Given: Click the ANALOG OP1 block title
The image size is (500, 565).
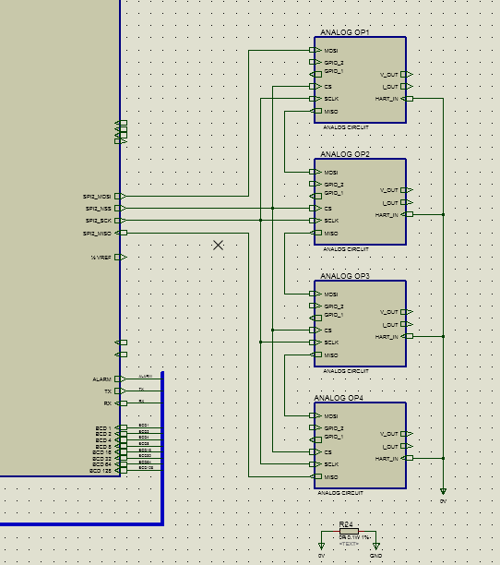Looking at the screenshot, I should coord(345,32).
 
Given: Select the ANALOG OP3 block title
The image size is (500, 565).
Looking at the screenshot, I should coord(345,276).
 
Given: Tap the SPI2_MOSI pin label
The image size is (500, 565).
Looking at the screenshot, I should coord(98,197).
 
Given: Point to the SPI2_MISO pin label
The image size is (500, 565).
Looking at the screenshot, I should coord(98,234).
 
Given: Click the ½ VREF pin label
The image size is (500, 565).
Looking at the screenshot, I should coord(100,258).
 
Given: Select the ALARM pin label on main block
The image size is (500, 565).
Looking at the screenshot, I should coord(101,379).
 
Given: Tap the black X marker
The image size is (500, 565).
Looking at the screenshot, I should coord(219,246).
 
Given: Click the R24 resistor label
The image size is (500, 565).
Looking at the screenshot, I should coord(346,524).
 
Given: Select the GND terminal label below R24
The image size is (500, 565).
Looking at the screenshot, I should coord(375,557).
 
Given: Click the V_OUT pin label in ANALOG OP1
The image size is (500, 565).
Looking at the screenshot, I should coord(389,74).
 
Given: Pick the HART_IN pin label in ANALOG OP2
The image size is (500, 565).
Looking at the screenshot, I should coord(387,215).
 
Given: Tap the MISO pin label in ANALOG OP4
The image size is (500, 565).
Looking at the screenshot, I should coord(330,476).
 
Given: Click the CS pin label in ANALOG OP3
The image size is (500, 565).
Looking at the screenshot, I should coord(327,331).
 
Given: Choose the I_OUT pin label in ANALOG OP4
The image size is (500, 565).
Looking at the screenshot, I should coord(389,447).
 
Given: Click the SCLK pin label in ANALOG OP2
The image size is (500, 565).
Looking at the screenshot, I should coord(331,221).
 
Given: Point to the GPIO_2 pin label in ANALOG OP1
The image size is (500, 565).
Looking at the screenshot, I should coord(333,63).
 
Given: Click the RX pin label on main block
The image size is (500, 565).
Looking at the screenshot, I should coord(106,403).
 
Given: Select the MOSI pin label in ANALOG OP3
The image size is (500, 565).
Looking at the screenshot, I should coord(330,295).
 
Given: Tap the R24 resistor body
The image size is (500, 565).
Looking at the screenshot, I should coord(349,533).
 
